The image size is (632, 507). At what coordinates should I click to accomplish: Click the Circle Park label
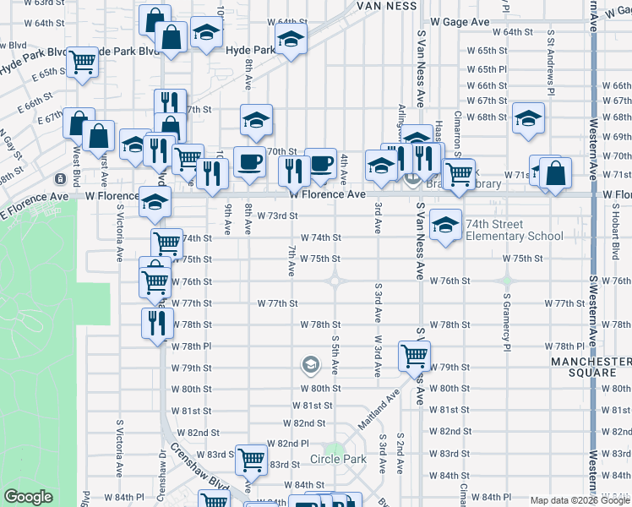[338, 460]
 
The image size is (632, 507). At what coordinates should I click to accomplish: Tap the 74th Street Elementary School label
[514, 237]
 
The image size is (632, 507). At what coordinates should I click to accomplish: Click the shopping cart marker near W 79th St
[414, 356]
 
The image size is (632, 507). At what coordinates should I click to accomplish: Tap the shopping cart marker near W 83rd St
[252, 460]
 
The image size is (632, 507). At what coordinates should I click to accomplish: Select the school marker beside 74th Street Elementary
[445, 225]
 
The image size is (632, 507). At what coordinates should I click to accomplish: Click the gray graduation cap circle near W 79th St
[310, 365]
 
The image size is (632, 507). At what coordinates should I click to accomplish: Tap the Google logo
[28, 497]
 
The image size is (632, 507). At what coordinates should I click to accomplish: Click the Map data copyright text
[580, 500]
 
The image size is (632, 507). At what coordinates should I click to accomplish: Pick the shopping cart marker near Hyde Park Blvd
[82, 61]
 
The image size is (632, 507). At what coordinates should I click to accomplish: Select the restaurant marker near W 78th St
[156, 324]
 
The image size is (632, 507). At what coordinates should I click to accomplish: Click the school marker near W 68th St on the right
[529, 119]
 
